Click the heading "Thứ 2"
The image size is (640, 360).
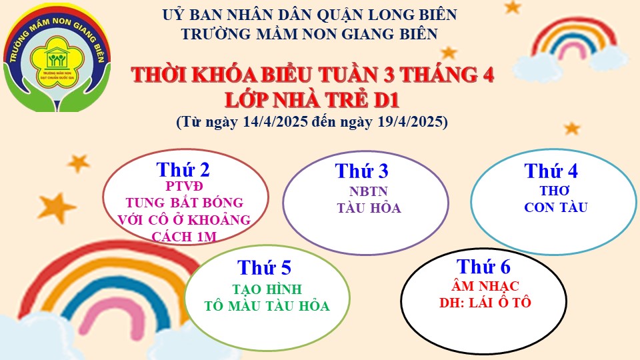pyautogui.click(x=183, y=170)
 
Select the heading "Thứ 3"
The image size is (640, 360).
pyautogui.click(x=361, y=171)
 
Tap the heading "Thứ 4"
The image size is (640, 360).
pyautogui.click(x=551, y=171)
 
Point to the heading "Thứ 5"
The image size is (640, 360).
pyautogui.click(x=265, y=268)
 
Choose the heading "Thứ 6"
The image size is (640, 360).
pyautogui.click(x=484, y=267)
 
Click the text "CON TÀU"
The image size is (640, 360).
pyautogui.click(x=556, y=207)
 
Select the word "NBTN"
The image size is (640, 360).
pyautogui.click(x=369, y=191)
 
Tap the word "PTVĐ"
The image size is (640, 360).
pyautogui.click(x=184, y=186)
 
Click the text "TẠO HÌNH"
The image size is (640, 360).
pyautogui.click(x=267, y=289)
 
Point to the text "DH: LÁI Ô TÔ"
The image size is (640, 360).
pyautogui.click(x=485, y=303)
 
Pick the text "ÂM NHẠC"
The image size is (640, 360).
pyautogui.click(x=485, y=286)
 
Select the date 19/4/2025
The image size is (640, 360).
pyautogui.click(x=410, y=121)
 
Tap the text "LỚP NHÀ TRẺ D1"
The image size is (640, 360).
pyautogui.click(x=312, y=101)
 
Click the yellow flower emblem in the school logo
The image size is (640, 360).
pyautogui.click(x=57, y=61)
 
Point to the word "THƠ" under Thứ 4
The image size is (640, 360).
pyautogui.click(x=555, y=191)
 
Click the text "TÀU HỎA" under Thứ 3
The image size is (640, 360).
pyautogui.click(x=369, y=208)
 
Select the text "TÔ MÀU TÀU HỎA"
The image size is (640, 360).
pyautogui.click(x=267, y=306)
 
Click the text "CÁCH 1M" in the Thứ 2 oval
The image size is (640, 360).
pyautogui.click(x=184, y=237)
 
